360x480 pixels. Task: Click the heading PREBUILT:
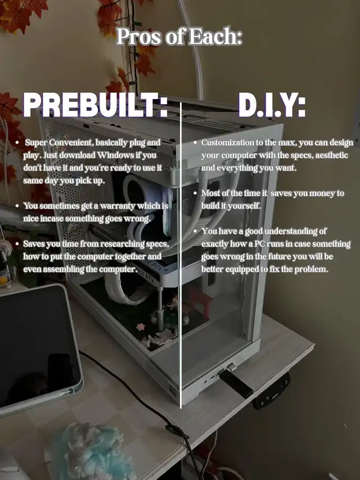[96, 105]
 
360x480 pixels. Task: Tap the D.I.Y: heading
[272, 105]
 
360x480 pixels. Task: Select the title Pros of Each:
[179, 36]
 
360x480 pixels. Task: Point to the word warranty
[117, 206]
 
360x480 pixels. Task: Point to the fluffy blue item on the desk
[89, 451]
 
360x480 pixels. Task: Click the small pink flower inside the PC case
[141, 327]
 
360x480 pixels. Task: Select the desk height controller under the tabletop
[272, 391]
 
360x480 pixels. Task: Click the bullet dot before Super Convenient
[17, 143]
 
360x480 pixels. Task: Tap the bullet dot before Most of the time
[195, 194]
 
